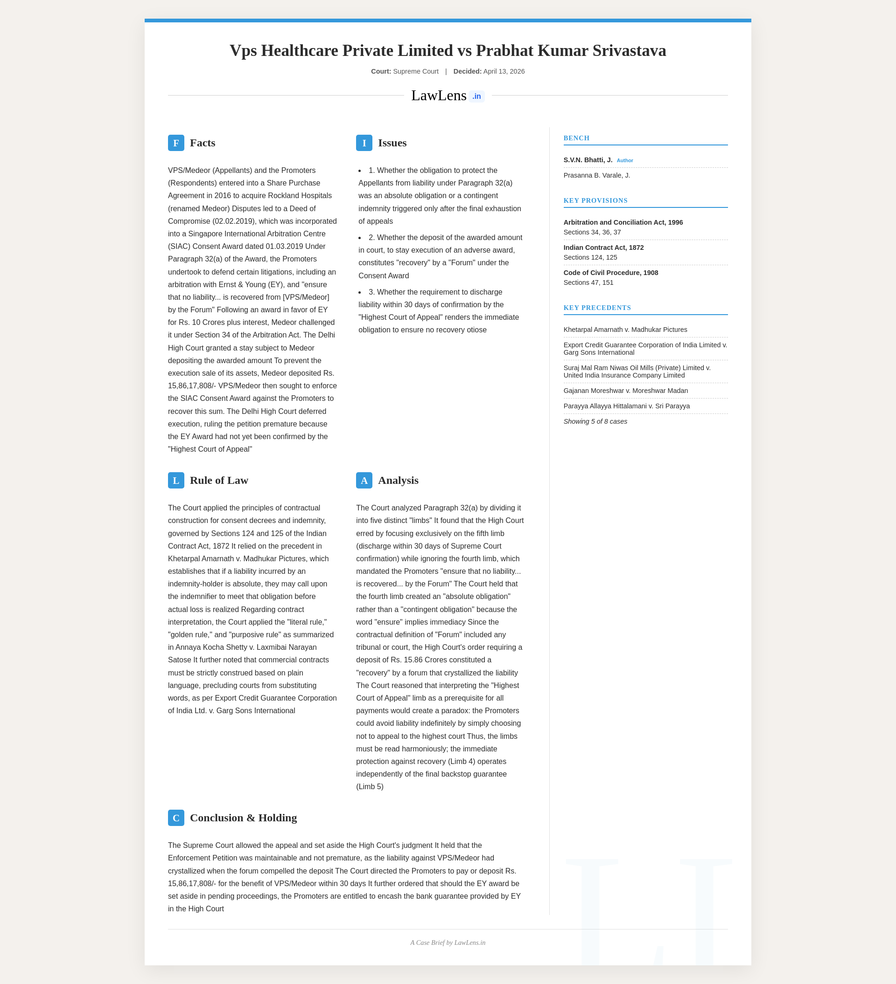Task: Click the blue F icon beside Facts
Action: point(176,143)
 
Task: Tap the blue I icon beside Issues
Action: point(364,143)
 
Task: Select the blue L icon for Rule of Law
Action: point(176,480)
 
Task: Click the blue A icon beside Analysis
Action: point(364,480)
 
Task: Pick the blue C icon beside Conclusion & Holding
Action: point(176,818)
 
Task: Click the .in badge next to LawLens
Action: point(476,96)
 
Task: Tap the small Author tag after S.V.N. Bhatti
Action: point(624,161)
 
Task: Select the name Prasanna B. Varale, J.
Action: point(596,175)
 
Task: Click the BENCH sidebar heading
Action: point(576,138)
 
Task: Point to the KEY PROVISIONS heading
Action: point(595,200)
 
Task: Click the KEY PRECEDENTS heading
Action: point(597,308)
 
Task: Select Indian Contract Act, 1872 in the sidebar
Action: point(603,248)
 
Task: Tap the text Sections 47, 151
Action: point(588,282)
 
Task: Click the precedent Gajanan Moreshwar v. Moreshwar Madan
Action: point(625,391)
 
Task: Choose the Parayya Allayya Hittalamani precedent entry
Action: point(626,406)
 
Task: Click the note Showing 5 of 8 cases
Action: point(595,421)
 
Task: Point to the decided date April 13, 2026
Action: point(504,71)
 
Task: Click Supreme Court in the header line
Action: point(415,71)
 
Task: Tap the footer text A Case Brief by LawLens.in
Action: point(448,943)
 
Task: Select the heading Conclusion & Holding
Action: point(243,818)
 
